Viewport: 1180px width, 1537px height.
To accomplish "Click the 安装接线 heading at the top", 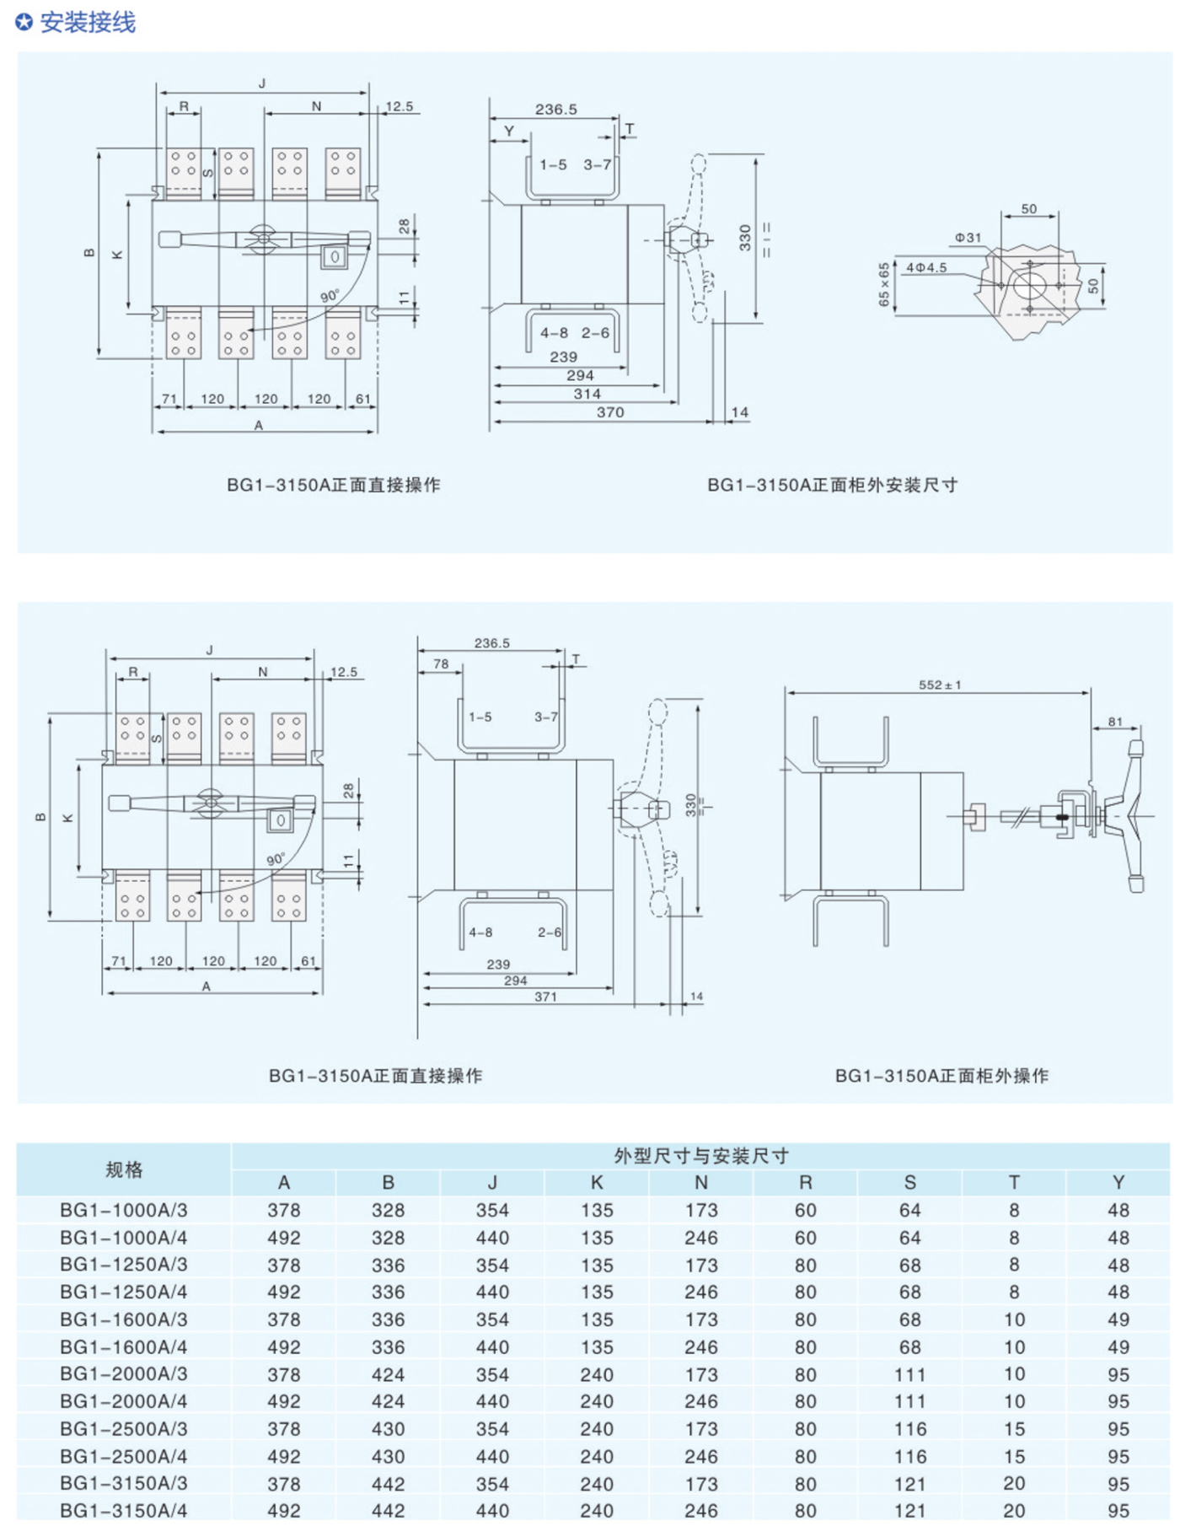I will (x=87, y=23).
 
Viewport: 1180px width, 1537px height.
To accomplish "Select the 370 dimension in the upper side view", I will (x=609, y=412).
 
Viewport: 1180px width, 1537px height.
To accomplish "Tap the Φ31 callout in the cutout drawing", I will (x=968, y=238).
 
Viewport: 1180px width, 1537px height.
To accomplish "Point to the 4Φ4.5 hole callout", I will (x=926, y=267).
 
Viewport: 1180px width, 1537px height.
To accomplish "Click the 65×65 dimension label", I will (x=883, y=285).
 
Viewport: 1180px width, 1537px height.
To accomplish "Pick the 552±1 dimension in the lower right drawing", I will (x=939, y=685).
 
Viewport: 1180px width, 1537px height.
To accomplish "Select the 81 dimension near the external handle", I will (x=1115, y=722).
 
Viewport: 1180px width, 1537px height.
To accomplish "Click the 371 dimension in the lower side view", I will (x=545, y=997).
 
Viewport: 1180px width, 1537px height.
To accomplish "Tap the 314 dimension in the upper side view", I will (x=587, y=394).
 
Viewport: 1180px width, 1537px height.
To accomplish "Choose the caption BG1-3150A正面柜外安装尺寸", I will (x=832, y=485).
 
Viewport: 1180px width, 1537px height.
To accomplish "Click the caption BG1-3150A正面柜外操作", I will (x=941, y=1076).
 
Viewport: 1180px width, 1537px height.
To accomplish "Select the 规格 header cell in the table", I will (x=124, y=1169).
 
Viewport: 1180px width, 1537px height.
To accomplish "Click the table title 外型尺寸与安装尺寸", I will (x=700, y=1156).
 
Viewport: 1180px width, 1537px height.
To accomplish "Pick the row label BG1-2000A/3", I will (x=124, y=1374).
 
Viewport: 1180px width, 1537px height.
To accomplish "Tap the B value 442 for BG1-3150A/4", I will (x=388, y=1511).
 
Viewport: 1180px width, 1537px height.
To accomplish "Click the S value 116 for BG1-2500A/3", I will (x=909, y=1429).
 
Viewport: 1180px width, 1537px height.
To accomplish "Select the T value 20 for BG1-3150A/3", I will (x=1014, y=1484).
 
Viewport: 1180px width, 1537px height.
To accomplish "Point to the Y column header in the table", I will (x=1118, y=1183).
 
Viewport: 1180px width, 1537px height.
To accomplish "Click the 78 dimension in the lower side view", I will (x=441, y=664).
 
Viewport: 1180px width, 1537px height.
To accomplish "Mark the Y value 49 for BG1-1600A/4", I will (x=1118, y=1347).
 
